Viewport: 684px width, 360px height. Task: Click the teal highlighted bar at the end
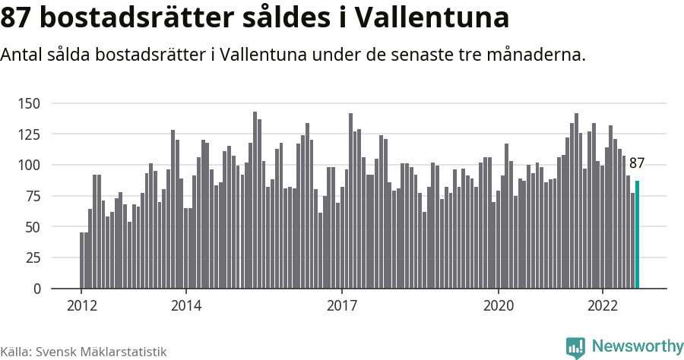click(x=638, y=235)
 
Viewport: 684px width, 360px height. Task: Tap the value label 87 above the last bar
click(x=637, y=163)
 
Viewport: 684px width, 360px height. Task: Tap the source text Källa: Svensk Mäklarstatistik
click(x=83, y=352)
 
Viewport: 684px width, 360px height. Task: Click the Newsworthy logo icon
click(x=575, y=347)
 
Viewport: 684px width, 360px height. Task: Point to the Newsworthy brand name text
click(x=637, y=346)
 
